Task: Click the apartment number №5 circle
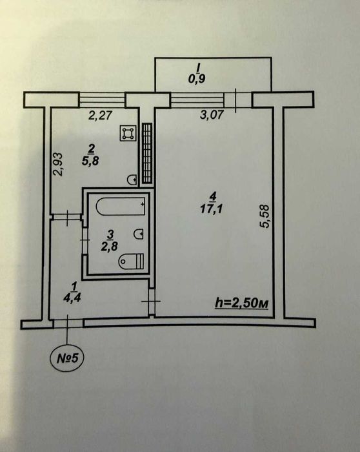tap(68, 358)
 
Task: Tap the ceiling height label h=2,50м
tap(242, 303)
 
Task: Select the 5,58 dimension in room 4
tap(265, 216)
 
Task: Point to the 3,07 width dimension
tap(212, 115)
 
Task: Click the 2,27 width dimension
tap(100, 116)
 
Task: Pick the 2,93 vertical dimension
tap(58, 164)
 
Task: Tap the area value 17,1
tap(212, 209)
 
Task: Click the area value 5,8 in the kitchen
tap(90, 161)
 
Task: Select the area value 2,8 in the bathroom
tap(110, 247)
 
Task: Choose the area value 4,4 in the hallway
tap(72, 298)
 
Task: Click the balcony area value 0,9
tap(197, 78)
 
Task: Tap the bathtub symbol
tap(121, 207)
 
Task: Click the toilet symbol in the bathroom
tap(132, 261)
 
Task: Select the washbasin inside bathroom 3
tap(139, 234)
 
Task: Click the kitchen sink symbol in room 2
tap(132, 180)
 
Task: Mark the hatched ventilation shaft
tap(147, 153)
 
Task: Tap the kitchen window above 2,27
tap(102, 99)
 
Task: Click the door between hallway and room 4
tap(152, 302)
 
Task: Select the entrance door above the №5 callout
tap(68, 324)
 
